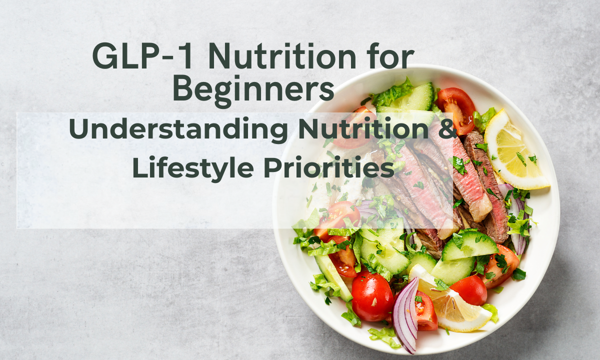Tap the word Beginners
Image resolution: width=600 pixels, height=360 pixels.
point(253,88)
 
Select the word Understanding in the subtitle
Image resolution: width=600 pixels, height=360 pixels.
point(178,129)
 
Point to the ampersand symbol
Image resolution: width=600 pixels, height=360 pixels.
point(446,129)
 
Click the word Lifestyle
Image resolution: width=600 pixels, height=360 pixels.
point(193,168)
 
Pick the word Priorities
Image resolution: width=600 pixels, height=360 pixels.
point(329,168)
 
